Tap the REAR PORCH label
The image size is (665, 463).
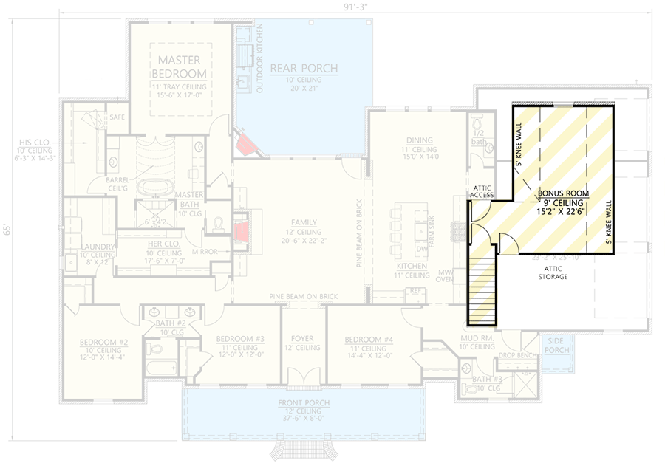304,69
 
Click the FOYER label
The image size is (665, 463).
303,339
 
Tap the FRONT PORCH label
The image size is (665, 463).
304,402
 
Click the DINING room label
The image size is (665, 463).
420,140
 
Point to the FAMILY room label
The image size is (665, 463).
304,222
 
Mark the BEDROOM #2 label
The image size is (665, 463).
104,343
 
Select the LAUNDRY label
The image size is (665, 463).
98,247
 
